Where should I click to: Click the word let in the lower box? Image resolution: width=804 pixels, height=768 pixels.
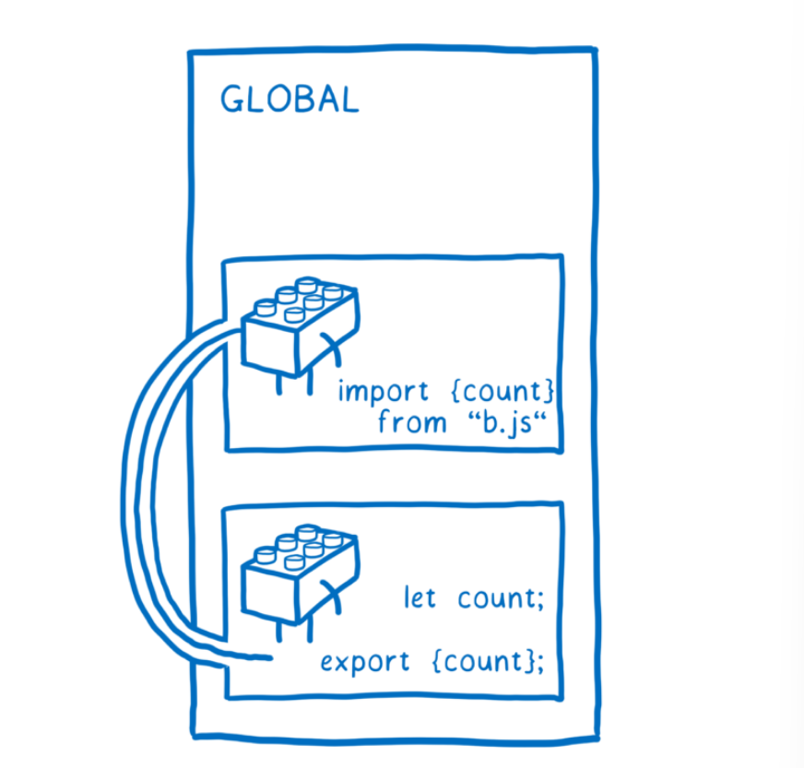point(420,598)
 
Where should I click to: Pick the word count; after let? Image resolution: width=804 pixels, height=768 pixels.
point(502,599)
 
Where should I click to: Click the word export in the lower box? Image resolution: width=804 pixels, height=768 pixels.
point(365,662)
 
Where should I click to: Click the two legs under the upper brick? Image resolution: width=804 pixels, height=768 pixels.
point(293,380)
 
